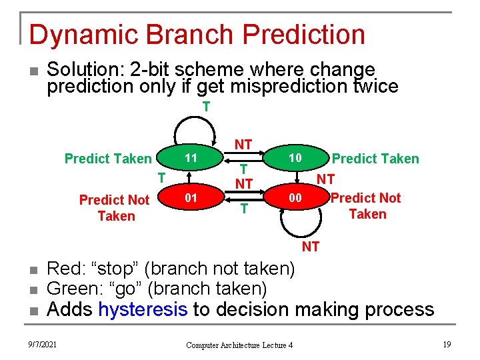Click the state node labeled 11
coord(190,158)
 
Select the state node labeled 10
coord(295,158)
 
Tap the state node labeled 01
coord(190,198)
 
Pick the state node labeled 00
coord(295,198)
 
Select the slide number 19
coord(446,344)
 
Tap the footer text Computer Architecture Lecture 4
coord(239,345)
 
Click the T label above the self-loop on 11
coord(207,107)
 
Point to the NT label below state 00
coord(311,247)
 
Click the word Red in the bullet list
coord(63,269)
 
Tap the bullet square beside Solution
coord(32,71)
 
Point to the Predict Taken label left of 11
coord(108,159)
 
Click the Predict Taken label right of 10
coord(375,159)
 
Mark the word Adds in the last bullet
coord(70,309)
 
